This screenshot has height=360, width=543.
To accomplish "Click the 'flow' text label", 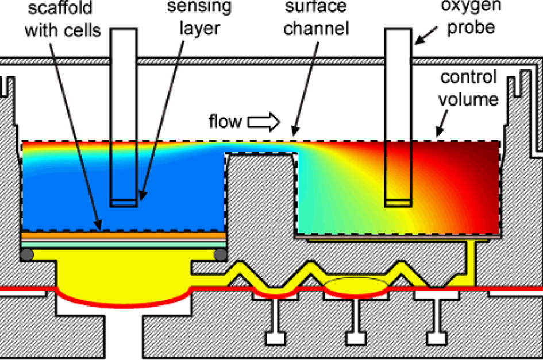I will pyautogui.click(x=225, y=122).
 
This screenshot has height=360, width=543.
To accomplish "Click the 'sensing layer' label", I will pyautogui.click(x=192, y=17).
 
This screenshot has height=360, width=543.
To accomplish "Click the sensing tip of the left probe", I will pyautogui.click(x=124, y=202).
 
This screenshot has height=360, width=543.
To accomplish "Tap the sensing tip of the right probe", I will pyautogui.click(x=398, y=202).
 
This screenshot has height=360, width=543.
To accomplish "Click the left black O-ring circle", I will pyautogui.click(x=26, y=254).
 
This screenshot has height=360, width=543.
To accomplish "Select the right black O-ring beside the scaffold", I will pyautogui.click(x=220, y=254).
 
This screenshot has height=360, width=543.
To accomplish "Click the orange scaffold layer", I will pyautogui.click(x=123, y=235).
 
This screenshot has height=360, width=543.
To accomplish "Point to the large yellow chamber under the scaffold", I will pyautogui.click(x=124, y=278).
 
